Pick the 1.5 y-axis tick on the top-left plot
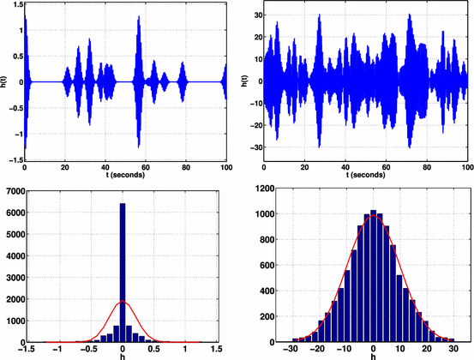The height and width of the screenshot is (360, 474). pos(16,5)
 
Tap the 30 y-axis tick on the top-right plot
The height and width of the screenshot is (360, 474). pos(255,15)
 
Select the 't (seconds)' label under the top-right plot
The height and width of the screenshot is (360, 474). pos(366,174)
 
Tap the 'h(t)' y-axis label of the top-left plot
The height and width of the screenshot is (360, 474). pos(5,82)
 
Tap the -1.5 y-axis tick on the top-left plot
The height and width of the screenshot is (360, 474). pos(15,160)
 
